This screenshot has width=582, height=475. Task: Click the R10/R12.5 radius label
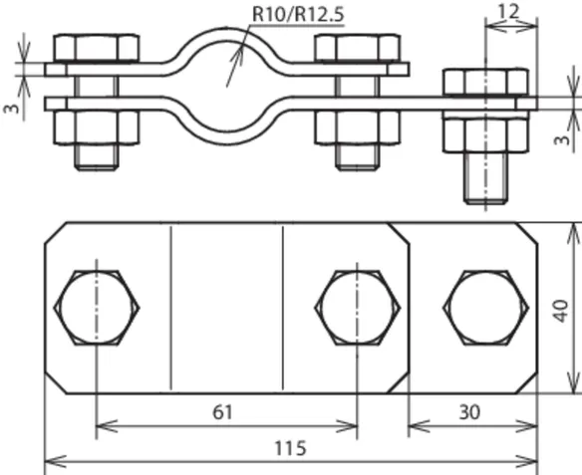pyautogui.click(x=298, y=14)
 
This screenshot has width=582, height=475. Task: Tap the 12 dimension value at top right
pyautogui.click(x=508, y=12)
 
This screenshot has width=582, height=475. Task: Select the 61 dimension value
pyautogui.click(x=222, y=412)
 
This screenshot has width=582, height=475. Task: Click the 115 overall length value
pyautogui.click(x=290, y=448)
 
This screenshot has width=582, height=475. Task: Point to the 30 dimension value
pyautogui.click(x=469, y=412)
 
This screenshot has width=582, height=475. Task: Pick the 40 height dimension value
pyautogui.click(x=561, y=311)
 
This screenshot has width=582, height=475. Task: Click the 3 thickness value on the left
pyautogui.click(x=12, y=109)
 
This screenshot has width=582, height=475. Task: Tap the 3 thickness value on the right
pyautogui.click(x=562, y=140)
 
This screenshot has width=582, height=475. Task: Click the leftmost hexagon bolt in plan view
pyautogui.click(x=97, y=308)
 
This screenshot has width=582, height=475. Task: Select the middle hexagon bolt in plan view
pyautogui.click(x=358, y=308)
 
